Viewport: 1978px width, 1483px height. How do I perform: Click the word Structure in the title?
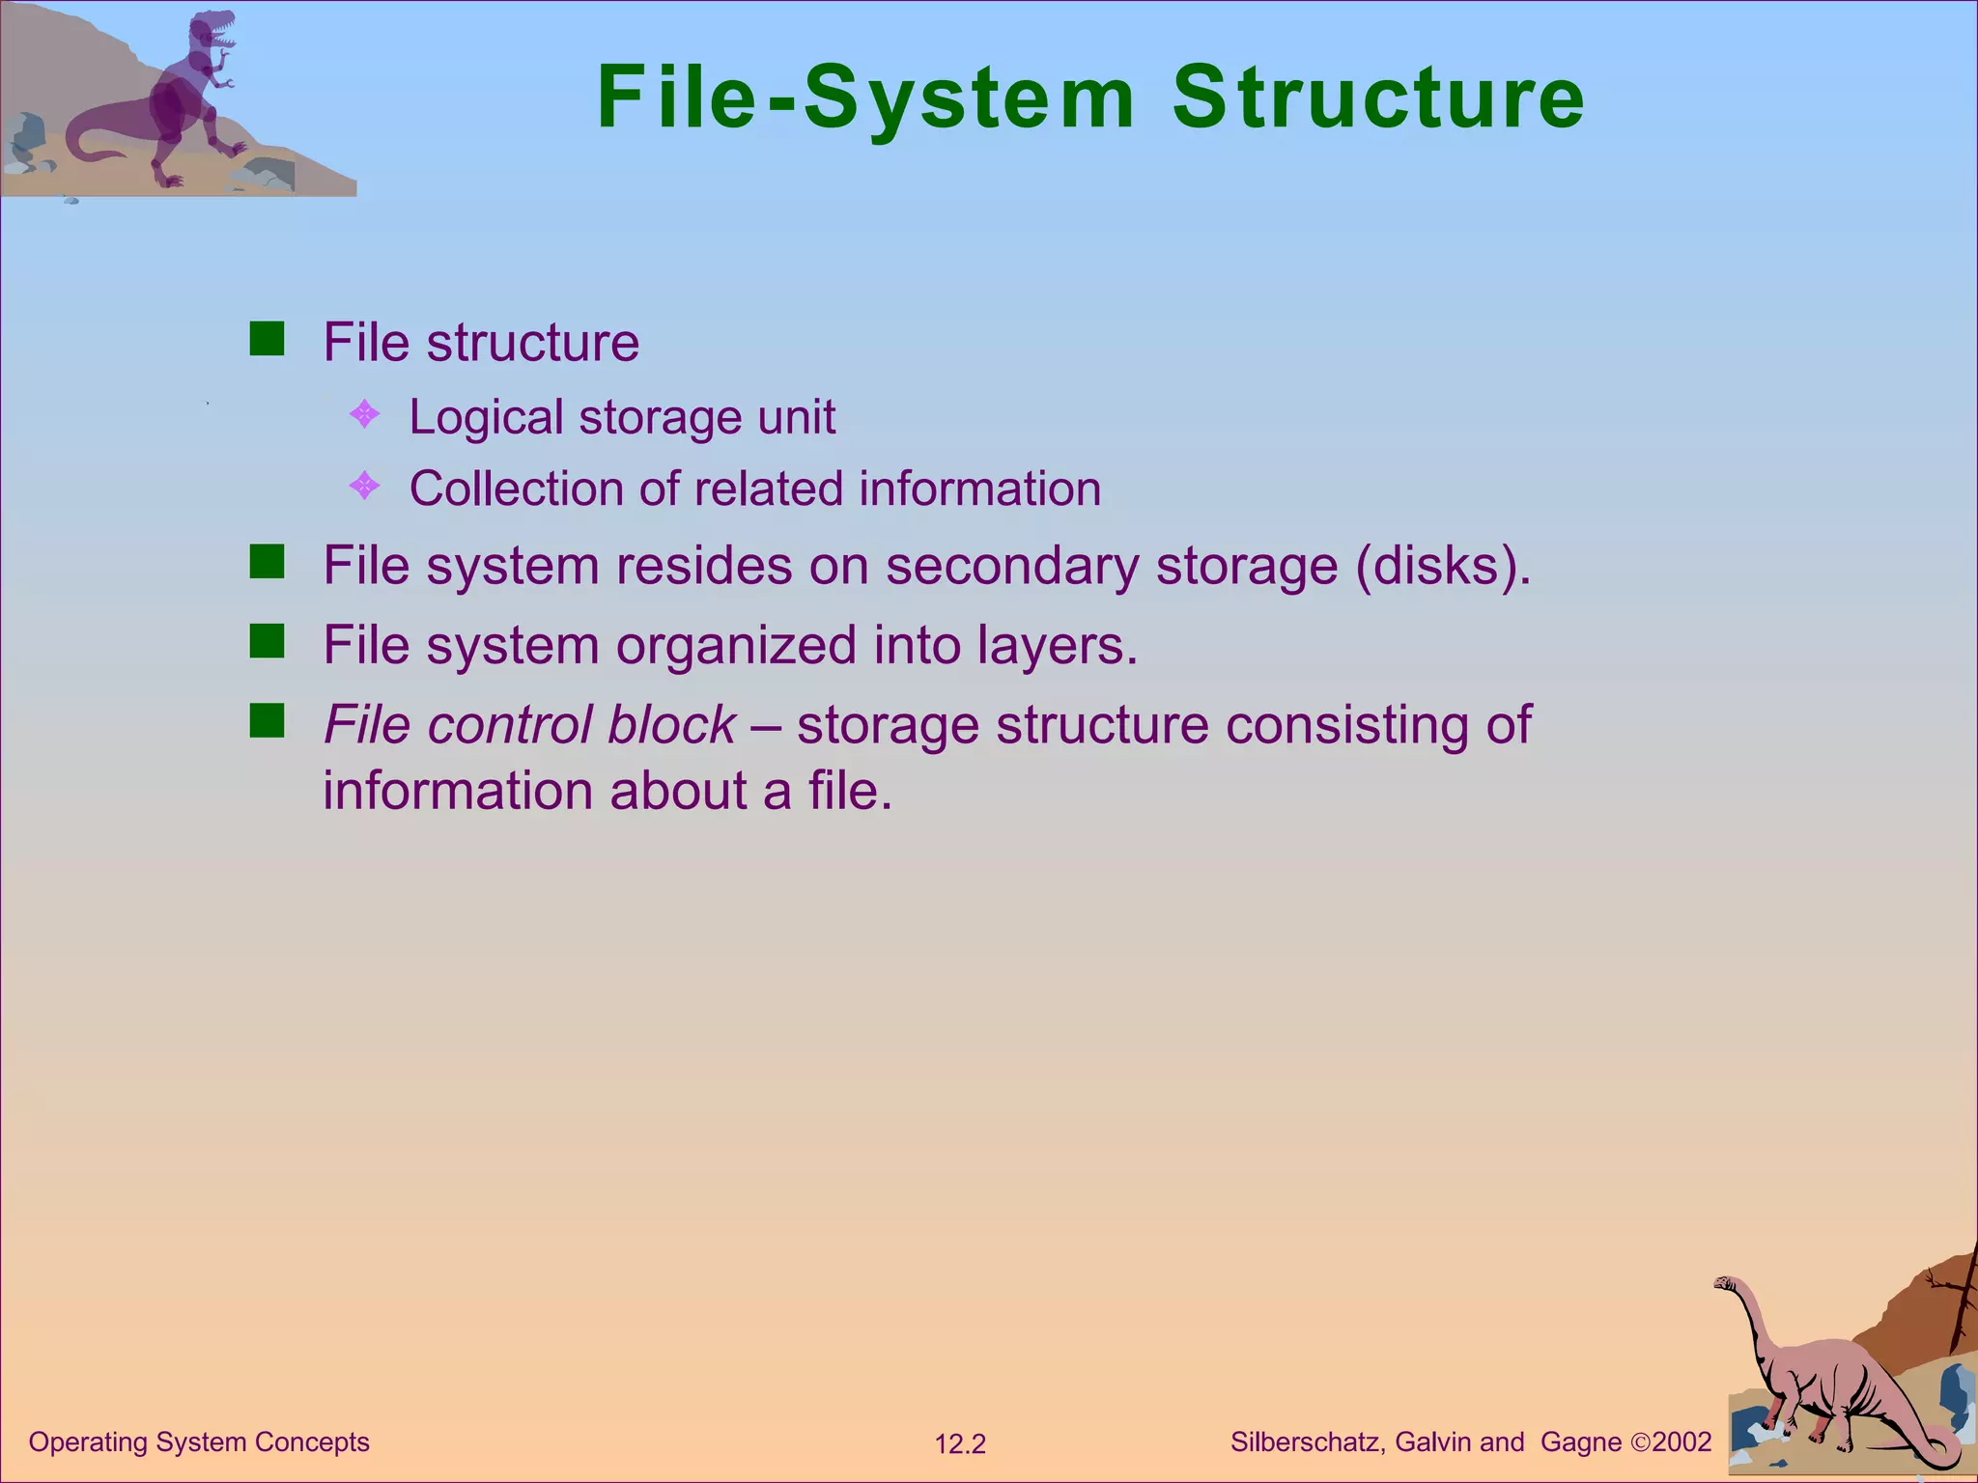point(1378,98)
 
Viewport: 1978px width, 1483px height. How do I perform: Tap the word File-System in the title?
point(866,98)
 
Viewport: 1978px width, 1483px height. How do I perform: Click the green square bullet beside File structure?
point(267,340)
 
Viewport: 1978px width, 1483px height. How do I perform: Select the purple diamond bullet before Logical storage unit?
point(364,415)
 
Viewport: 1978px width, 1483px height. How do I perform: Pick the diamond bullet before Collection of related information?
point(364,486)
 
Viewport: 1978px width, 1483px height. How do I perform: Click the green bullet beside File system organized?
point(267,641)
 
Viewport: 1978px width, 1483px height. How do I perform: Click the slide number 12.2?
point(960,1444)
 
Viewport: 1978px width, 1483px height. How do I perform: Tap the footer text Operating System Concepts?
point(199,1441)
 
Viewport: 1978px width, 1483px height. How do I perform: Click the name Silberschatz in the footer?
point(1309,1441)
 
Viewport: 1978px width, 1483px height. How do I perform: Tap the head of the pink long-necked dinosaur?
point(1726,1284)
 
